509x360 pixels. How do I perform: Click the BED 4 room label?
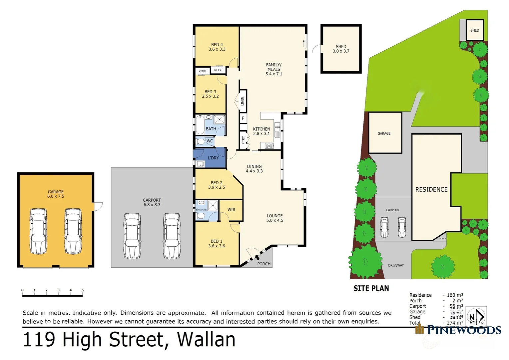217,47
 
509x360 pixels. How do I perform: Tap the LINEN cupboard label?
243,101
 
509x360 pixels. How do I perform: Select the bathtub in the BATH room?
200,125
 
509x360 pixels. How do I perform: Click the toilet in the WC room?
201,141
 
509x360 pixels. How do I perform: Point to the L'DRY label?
213,158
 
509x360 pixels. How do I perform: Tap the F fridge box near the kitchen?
243,118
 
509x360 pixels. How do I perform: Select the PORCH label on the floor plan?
264,264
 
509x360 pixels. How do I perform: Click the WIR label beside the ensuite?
231,210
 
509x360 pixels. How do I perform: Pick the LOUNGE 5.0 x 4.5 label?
274,218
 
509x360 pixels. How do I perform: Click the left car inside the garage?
38,231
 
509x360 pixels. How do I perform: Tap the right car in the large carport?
172,236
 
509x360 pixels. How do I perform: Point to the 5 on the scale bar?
83,290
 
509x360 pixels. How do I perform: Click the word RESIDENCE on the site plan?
431,189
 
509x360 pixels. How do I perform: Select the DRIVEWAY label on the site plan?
396,265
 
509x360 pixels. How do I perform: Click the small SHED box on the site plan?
474,30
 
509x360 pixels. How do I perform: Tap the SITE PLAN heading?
371,288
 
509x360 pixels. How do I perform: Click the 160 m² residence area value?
455,295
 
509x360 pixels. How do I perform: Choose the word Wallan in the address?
206,340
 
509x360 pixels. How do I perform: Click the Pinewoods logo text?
464,330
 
